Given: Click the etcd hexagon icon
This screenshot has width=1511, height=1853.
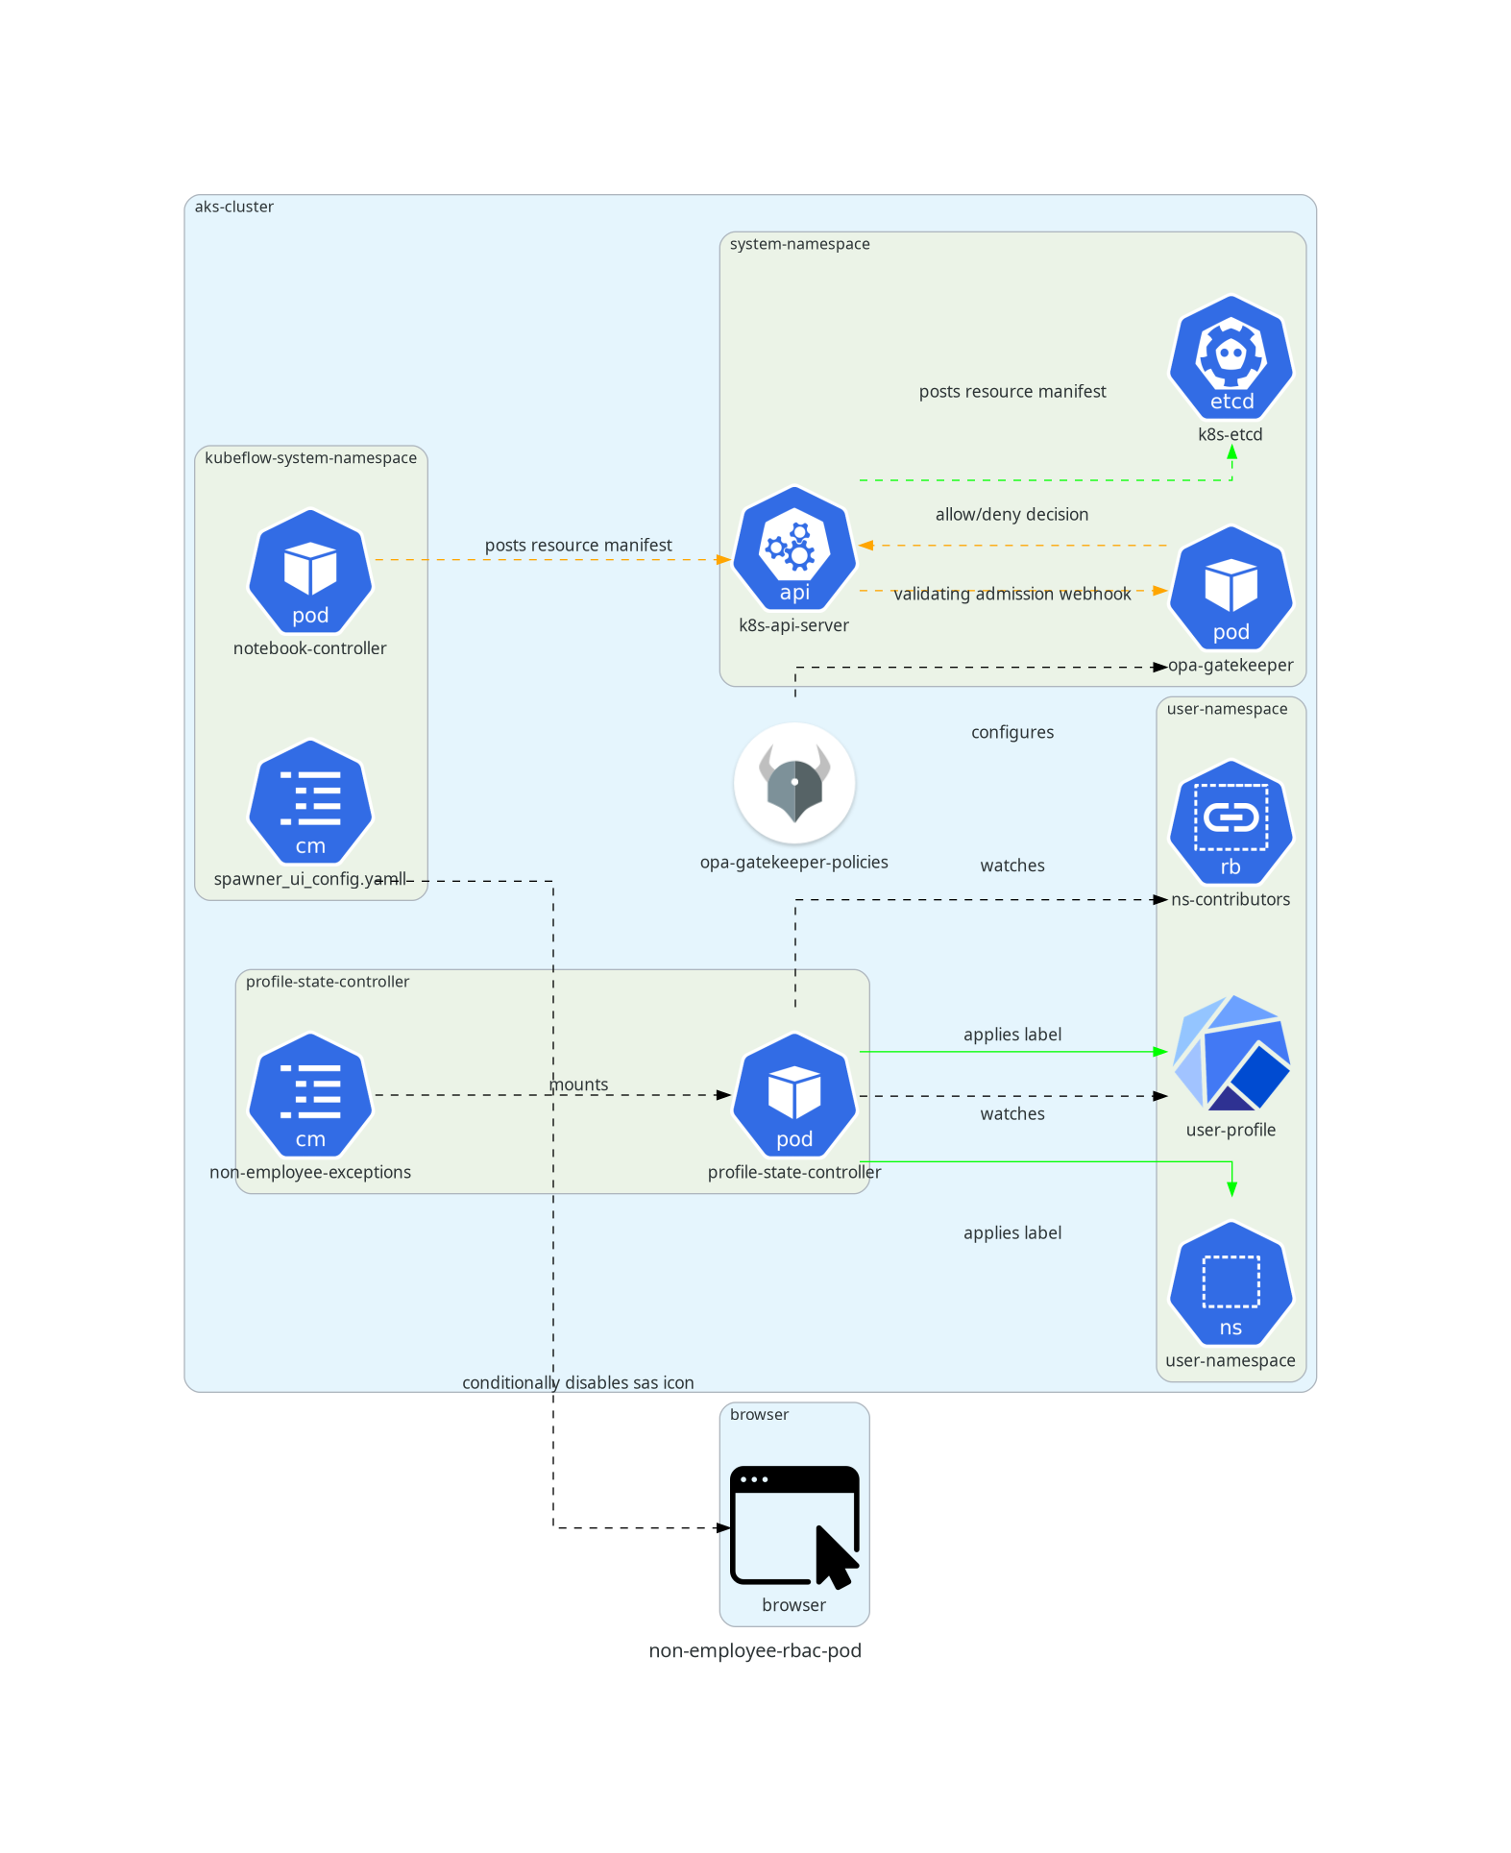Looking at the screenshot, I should pos(1231,357).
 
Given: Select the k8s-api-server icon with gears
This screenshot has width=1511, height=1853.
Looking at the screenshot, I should pos(793,549).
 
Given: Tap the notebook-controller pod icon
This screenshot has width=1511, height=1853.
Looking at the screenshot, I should pos(309,572).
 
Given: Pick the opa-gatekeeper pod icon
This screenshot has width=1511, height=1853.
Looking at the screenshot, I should pos(1231,588).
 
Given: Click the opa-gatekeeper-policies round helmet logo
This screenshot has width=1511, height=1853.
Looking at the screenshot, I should pos(793,783).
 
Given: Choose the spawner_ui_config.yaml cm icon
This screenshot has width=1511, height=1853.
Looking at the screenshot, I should pos(309,802).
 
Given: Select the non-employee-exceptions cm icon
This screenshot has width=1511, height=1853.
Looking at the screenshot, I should pos(309,1095).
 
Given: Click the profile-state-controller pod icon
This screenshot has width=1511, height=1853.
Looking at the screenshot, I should pos(793,1095).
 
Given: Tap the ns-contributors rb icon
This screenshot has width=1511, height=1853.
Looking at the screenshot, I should pos(1231,822).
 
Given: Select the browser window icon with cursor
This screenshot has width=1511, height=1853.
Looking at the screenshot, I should pos(793,1525).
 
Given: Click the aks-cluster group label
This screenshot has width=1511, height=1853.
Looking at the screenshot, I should pos(233,207).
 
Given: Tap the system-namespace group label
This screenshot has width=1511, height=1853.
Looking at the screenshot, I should pos(799,244).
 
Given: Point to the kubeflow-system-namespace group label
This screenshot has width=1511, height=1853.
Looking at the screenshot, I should pos(310,458).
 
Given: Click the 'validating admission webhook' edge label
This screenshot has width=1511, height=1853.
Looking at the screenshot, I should pos(1011,595).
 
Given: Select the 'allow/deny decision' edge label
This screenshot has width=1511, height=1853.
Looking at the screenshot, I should pos(1011,515).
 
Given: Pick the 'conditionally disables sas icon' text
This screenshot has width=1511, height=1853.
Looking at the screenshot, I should pos(577,1383).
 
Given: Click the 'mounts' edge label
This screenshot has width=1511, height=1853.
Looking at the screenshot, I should pos(578,1085).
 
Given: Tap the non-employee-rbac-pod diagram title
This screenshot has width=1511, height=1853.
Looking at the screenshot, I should pos(755,1651).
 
